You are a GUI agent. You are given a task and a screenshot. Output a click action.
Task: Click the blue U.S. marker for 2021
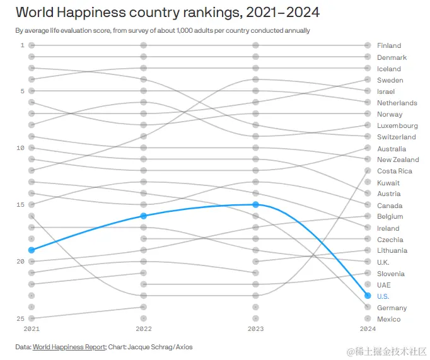pyautogui.click(x=32, y=250)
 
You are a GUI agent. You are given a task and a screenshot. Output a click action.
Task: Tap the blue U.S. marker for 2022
pyautogui.click(x=144, y=216)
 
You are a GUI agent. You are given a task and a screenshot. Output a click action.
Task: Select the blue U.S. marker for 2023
pyautogui.click(x=255, y=204)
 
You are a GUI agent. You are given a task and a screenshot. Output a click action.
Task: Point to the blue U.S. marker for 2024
pyautogui.click(x=368, y=296)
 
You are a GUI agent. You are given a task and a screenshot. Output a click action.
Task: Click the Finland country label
pyautogui.click(x=388, y=45)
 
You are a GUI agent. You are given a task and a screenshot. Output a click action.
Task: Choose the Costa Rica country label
pyautogui.click(x=394, y=171)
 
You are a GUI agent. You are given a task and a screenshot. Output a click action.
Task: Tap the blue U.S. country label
pyautogui.click(x=383, y=296)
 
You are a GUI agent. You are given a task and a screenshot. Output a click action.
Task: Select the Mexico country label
pyautogui.click(x=388, y=319)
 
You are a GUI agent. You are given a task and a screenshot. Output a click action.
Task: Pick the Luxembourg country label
pyautogui.click(x=397, y=125)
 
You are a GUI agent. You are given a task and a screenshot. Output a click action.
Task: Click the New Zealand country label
pyautogui.click(x=398, y=160)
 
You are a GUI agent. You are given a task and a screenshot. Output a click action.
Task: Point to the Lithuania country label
pyautogui.click(x=392, y=250)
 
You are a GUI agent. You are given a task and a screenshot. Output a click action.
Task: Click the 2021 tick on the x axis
pyautogui.click(x=32, y=329)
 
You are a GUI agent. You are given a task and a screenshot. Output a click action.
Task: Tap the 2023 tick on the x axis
pyautogui.click(x=255, y=329)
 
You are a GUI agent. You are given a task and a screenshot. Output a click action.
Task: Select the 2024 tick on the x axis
pyautogui.click(x=368, y=329)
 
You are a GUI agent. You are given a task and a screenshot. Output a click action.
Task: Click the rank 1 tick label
pyautogui.click(x=22, y=45)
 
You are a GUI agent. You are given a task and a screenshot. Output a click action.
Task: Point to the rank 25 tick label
pyautogui.click(x=20, y=318)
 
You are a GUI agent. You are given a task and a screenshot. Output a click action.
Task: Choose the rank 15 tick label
pyautogui.click(x=20, y=204)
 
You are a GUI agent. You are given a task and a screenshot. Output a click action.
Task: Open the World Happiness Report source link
pyautogui.click(x=69, y=347)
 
